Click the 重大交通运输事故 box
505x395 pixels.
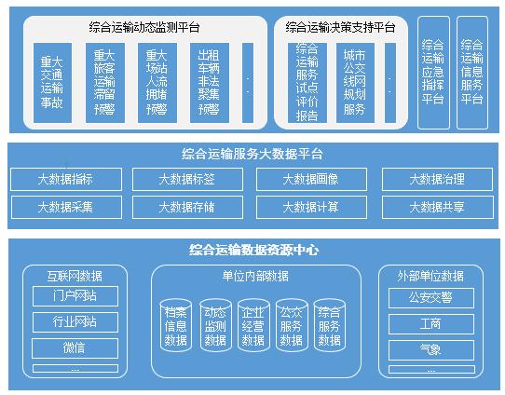coord(52,83)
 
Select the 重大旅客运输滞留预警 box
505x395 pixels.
coord(105,83)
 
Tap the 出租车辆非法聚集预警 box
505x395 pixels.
coord(210,83)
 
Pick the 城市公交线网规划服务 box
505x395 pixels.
coord(355,83)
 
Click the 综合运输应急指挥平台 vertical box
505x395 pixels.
coord(433,73)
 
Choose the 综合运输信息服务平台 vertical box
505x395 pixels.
coord(472,73)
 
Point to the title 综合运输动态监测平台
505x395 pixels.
coord(144,27)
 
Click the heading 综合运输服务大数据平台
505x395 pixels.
coord(252,154)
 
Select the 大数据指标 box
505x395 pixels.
coord(66,179)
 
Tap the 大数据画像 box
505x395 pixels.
coord(311,179)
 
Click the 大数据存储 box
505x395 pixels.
coord(187,207)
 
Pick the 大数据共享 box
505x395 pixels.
coord(437,207)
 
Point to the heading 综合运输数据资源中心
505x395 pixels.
coord(254,250)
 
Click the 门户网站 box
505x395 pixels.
coord(75,296)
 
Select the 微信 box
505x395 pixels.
coord(75,348)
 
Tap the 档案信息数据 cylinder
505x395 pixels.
coord(176,325)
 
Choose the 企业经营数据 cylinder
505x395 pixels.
coord(253,325)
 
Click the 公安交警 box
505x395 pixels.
coord(431,298)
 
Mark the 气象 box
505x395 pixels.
coord(431,350)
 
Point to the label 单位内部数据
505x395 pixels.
coord(255,276)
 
